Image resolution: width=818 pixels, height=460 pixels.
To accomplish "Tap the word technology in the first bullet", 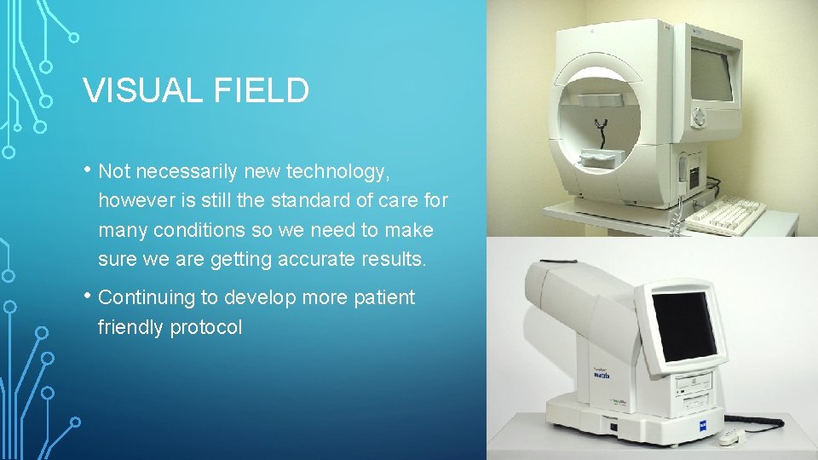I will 338,172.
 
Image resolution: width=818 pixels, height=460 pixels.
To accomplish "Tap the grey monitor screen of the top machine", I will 711,74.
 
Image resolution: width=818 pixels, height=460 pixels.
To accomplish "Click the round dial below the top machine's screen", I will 700,115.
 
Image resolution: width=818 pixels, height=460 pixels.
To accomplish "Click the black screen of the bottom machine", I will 683,326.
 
